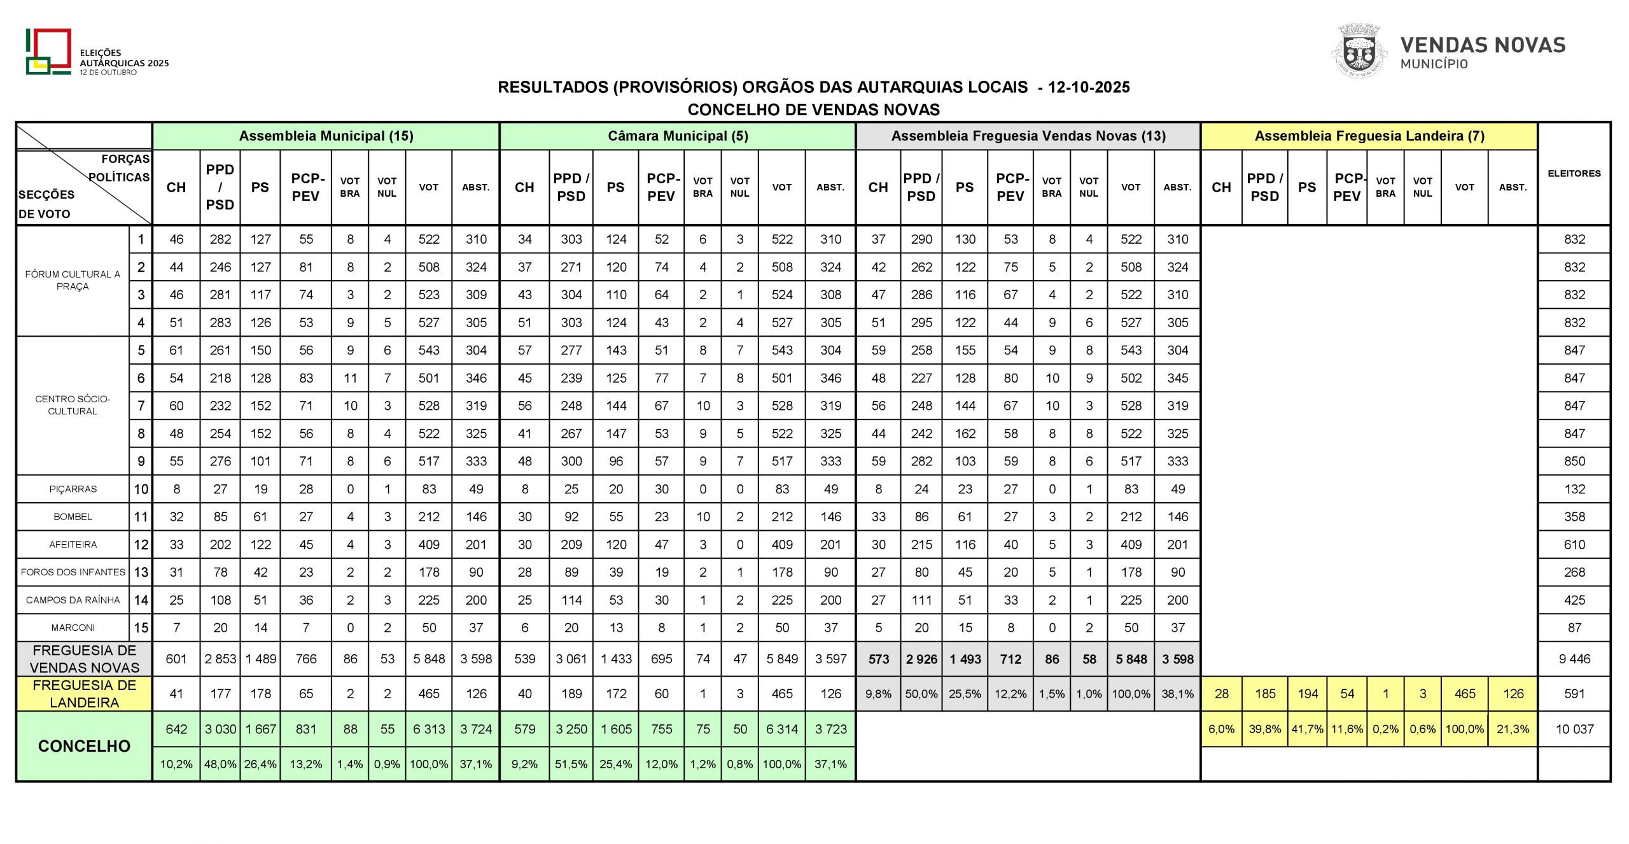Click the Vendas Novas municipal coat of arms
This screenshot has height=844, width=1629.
(1359, 52)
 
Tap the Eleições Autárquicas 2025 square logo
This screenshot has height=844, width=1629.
(48, 52)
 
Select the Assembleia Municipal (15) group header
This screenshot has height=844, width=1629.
(326, 136)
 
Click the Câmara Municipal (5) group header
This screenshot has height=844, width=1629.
(677, 136)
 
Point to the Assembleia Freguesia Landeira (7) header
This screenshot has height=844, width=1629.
(1369, 136)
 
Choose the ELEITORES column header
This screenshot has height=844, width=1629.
(1574, 173)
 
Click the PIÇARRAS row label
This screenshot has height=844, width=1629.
(73, 489)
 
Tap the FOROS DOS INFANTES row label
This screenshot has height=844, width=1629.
(73, 572)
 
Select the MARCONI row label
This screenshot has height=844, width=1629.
(73, 628)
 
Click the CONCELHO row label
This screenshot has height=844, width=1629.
(84, 746)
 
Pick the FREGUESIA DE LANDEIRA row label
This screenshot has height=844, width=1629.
(84, 694)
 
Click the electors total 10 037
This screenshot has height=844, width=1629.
(1574, 729)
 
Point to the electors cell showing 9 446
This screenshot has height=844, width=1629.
(1574, 659)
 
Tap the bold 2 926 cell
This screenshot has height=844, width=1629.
(921, 659)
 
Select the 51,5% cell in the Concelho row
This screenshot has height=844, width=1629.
(571, 764)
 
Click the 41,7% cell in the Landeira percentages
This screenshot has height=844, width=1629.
(1307, 729)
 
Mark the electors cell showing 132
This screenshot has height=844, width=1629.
(1574, 489)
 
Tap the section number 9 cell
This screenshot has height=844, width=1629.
(141, 461)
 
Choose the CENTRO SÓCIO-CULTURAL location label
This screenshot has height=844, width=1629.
(73, 405)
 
